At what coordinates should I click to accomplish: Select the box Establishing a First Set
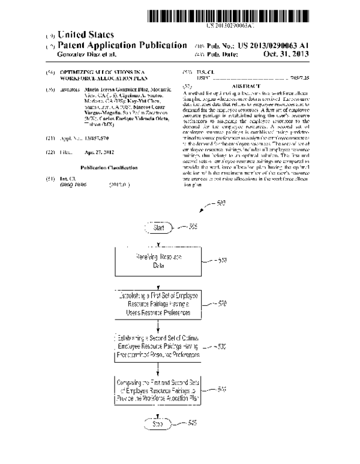(159, 305)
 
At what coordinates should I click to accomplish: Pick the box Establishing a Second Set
(159, 347)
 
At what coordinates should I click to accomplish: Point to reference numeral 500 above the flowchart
(220, 204)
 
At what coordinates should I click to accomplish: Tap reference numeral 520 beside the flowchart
(222, 304)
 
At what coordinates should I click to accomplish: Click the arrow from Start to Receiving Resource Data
(159, 241)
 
